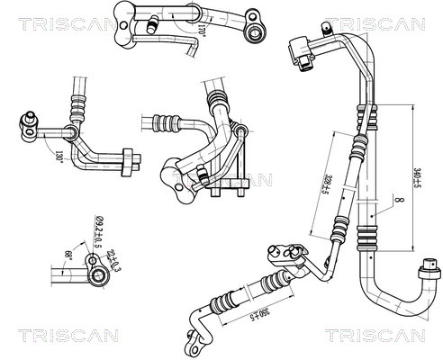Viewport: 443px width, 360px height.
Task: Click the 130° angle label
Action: (x=59, y=156)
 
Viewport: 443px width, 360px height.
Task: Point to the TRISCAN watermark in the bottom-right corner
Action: (x=375, y=336)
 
